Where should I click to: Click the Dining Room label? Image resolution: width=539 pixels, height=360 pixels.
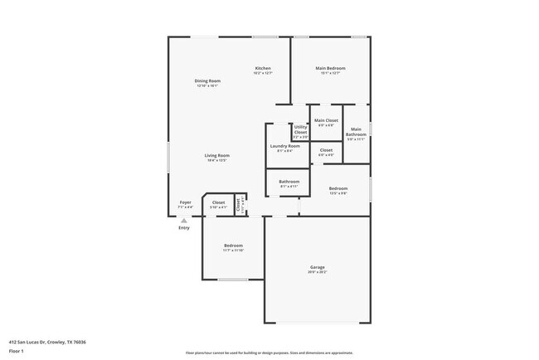[207, 80]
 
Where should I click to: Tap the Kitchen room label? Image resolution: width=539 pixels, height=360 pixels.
[263, 68]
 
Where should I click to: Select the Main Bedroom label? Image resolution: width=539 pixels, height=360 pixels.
[330, 68]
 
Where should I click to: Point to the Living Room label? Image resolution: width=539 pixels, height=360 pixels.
[218, 155]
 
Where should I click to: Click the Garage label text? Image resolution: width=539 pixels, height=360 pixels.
[317, 267]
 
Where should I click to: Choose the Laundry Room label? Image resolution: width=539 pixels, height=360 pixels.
[284, 146]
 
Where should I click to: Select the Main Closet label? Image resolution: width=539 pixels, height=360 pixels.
[326, 121]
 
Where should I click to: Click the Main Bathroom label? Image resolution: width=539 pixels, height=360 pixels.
[356, 131]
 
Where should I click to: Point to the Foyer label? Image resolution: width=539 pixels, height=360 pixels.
[186, 202]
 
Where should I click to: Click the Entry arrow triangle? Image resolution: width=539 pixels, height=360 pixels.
[184, 221]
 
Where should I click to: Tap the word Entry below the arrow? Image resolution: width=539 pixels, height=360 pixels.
[184, 228]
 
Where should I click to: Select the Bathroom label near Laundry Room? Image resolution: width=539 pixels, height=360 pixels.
[289, 181]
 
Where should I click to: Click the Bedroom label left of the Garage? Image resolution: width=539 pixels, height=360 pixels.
[233, 246]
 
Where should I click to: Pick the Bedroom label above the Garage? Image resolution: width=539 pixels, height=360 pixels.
[337, 188]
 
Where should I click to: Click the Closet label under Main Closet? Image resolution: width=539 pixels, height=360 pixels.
[326, 150]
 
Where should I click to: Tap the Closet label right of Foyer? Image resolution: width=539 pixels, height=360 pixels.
[218, 202]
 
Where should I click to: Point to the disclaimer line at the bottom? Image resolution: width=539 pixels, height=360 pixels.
[269, 353]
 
